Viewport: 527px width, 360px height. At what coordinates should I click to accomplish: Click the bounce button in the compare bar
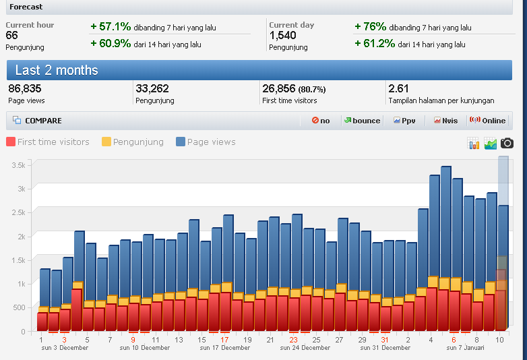pos(362,121)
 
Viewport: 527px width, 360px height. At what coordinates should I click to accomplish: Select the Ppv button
pos(404,121)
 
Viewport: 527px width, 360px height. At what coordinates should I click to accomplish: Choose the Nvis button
pos(445,121)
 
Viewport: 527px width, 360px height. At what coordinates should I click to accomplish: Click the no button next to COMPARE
pos(321,121)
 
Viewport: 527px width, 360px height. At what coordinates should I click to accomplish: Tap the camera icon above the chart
pos(507,143)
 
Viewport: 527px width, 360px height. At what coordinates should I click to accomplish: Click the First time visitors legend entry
pos(48,142)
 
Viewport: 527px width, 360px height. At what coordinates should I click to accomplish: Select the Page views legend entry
pos(206,142)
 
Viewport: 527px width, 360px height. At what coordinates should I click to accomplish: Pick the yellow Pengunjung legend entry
pos(133,142)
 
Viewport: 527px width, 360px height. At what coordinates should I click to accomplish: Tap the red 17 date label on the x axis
pos(224,340)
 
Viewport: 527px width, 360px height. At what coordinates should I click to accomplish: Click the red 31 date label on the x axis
pos(385,340)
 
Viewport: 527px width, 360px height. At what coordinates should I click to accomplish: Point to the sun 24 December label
pos(305,348)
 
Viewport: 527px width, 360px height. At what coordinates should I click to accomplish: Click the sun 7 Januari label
pos(466,348)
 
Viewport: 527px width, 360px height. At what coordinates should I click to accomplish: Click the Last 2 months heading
pos(57,70)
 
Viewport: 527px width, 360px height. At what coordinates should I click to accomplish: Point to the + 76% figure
pos(370,27)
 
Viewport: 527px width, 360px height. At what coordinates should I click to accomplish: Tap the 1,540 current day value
pos(282,36)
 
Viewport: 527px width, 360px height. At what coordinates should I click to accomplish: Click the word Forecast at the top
pos(26,7)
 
